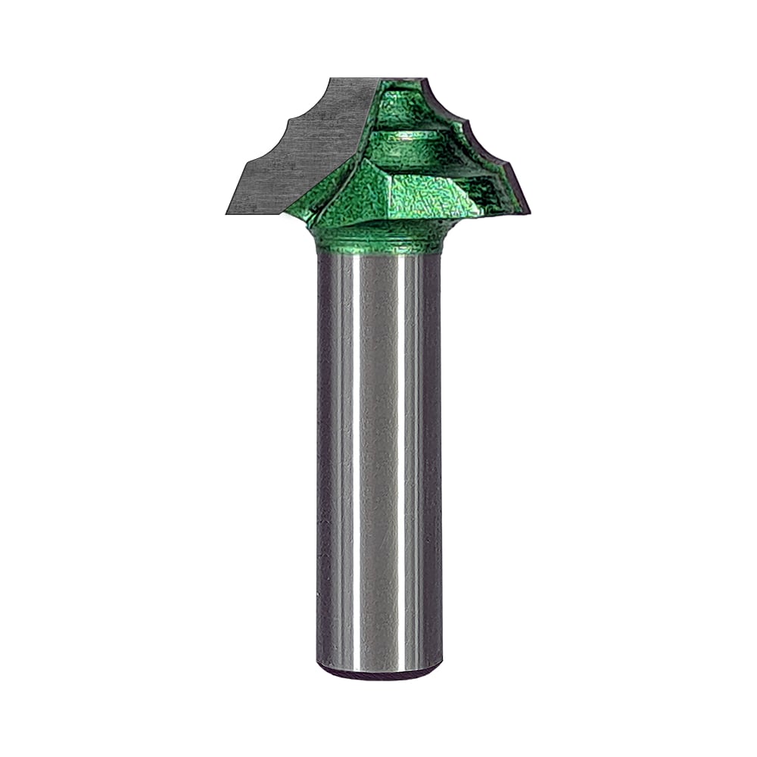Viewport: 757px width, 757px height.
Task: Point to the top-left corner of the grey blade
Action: click(331, 79)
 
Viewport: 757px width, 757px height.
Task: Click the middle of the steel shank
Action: click(378, 454)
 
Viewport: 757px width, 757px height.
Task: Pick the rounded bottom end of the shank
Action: click(378, 670)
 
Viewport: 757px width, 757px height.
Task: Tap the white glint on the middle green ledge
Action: click(409, 139)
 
